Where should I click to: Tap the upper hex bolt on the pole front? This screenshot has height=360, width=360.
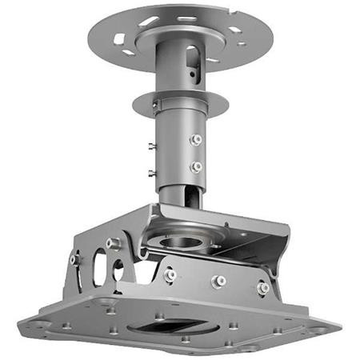[195, 139]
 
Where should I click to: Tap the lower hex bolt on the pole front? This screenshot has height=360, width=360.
[195, 167]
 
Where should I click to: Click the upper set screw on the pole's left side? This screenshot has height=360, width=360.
[152, 146]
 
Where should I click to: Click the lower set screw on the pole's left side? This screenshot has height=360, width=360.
[152, 173]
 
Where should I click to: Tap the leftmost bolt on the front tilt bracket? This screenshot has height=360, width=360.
[170, 275]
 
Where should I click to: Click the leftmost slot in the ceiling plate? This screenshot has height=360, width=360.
[119, 39]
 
